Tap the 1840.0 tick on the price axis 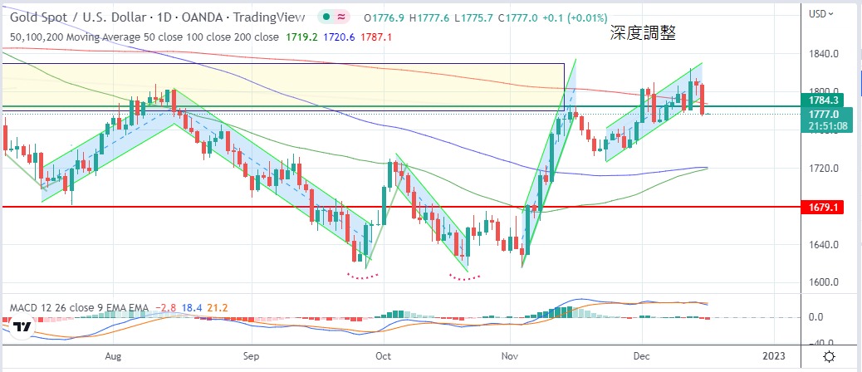823,54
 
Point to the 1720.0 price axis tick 823,169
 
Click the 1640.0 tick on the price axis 823,245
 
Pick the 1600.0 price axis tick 823,282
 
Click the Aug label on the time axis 115,355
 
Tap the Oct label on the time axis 383,355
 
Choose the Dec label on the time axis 642,355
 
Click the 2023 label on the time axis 772,355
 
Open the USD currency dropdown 822,13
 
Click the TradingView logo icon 22,326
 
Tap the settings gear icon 829,355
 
